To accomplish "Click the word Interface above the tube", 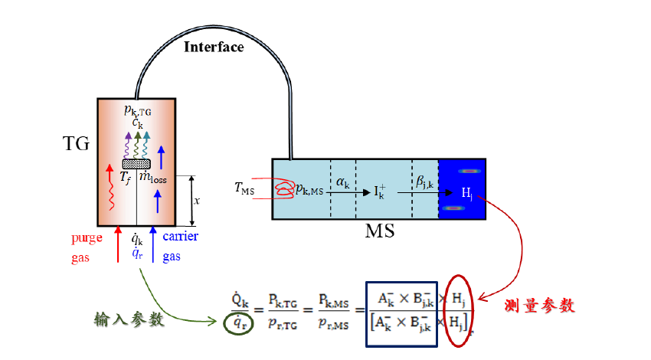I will tap(214, 47).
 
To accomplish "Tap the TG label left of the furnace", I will tap(77, 143).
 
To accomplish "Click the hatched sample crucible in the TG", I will tap(137, 164).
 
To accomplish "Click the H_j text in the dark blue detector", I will tap(467, 192).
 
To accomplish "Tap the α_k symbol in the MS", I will tap(343, 181).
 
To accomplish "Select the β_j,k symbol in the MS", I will tap(424, 182).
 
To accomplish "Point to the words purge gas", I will tap(87, 247).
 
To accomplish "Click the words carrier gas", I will tap(180, 246).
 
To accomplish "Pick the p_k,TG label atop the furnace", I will tap(138, 110).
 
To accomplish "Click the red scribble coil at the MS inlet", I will tap(285, 189).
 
